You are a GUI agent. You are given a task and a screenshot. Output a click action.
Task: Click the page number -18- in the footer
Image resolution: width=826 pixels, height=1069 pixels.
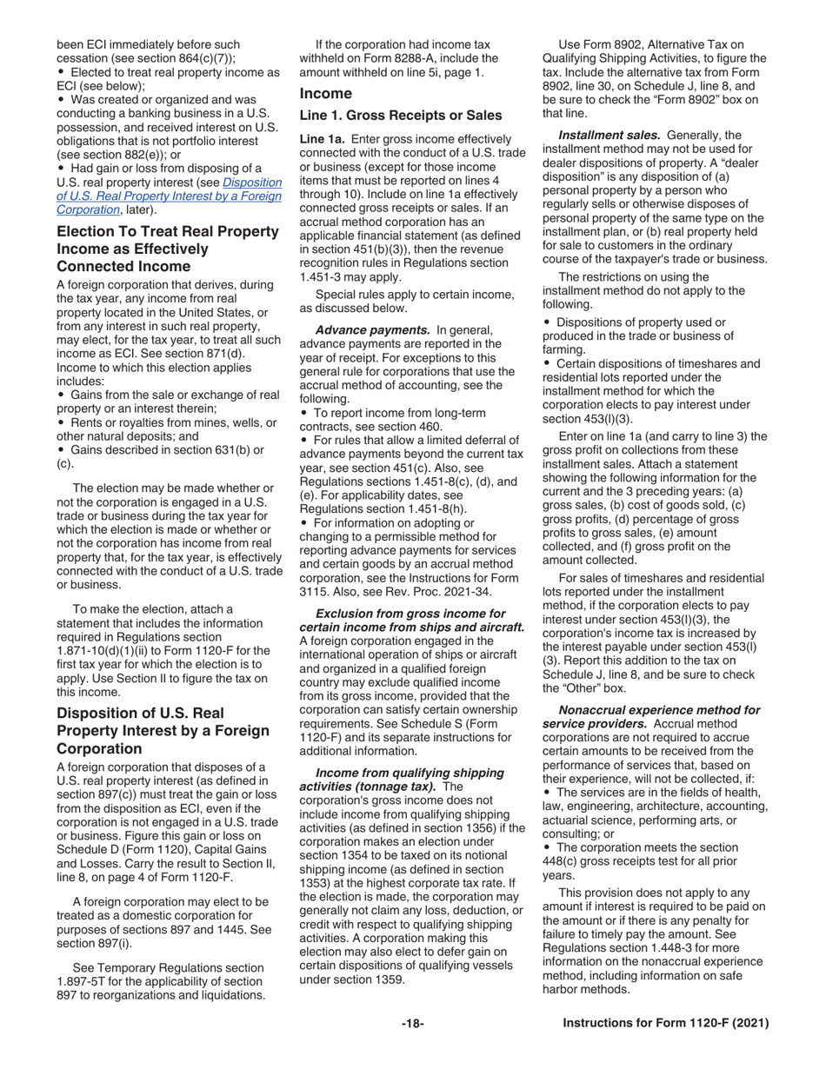point(412,1024)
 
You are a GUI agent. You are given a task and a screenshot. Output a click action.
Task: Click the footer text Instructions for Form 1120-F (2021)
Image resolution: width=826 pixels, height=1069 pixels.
point(666,1024)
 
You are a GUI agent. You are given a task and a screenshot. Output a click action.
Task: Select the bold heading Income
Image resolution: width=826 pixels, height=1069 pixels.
point(325,94)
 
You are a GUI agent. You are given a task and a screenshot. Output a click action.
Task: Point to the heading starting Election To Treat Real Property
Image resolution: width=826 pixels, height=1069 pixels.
point(167,232)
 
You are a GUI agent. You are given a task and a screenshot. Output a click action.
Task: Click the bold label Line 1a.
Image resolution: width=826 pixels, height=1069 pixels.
point(323,139)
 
